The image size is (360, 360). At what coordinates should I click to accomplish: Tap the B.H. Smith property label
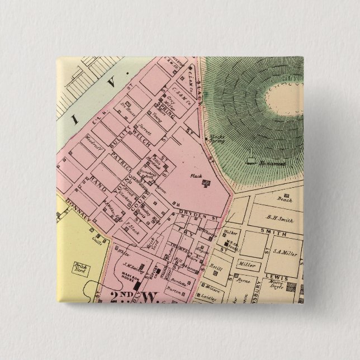(278, 219)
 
